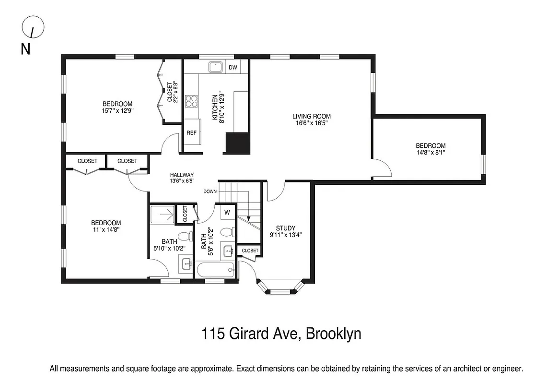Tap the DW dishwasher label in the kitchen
(233, 67)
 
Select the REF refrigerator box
(192, 133)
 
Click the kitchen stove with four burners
(192, 101)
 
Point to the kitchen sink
(214, 67)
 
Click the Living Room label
(312, 116)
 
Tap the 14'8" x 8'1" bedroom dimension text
(431, 153)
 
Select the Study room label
(286, 228)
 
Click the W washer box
(227, 212)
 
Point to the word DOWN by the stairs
(210, 191)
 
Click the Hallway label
(182, 175)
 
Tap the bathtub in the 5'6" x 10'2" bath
(215, 271)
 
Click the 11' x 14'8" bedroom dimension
(106, 229)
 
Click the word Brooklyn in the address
(334, 334)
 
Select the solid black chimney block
(238, 143)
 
